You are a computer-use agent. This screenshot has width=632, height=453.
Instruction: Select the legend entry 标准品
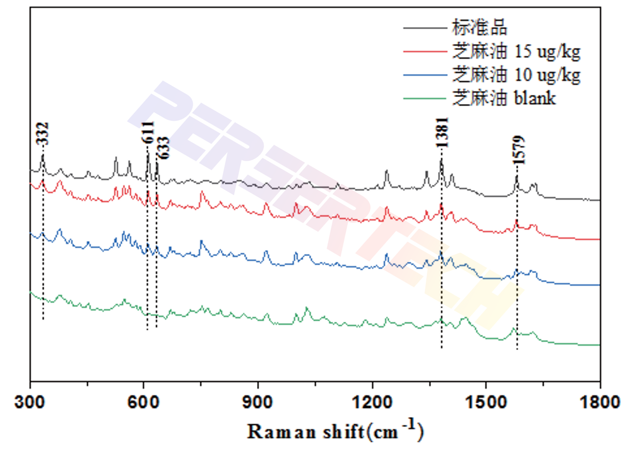tap(479, 27)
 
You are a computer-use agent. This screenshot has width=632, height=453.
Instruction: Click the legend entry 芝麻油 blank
tap(504, 98)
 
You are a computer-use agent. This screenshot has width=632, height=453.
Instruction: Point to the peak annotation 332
tap(43, 134)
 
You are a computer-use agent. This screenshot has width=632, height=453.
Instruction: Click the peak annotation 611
tap(148, 132)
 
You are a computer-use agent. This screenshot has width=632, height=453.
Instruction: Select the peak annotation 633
tap(163, 148)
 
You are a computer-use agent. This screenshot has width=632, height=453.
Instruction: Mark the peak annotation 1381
tap(442, 132)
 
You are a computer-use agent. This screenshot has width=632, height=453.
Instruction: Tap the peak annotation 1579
tap(519, 150)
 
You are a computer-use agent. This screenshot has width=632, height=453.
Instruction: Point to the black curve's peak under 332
tap(43, 155)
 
